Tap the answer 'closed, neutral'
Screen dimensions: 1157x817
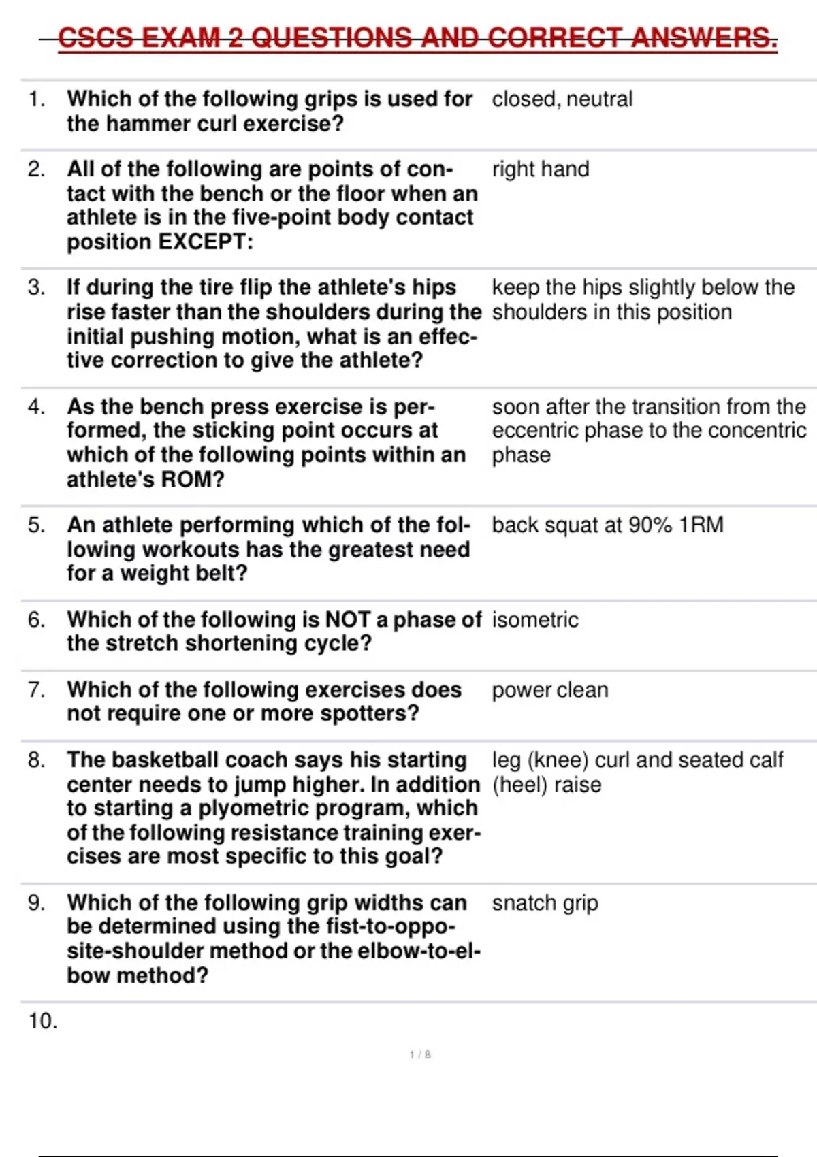point(562,99)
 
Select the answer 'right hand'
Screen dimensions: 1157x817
point(541,169)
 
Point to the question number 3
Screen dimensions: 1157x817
point(36,287)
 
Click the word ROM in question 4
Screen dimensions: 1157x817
point(184,480)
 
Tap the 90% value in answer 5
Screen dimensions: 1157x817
point(650,525)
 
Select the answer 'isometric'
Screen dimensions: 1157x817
point(535,620)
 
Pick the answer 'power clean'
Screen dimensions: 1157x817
point(550,690)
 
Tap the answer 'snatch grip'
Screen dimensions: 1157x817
point(545,903)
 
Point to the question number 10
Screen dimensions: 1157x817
point(42,1021)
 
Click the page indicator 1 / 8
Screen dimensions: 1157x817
point(420,1055)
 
